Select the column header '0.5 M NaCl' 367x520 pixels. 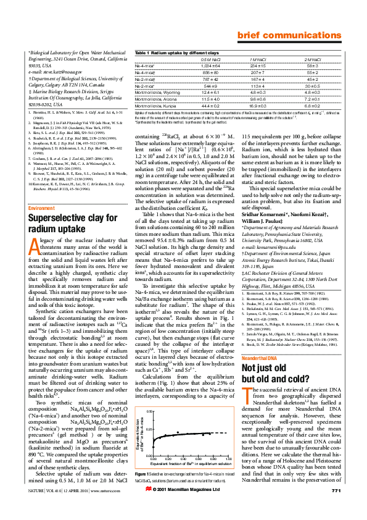coord(212,58)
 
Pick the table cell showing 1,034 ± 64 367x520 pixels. coord(212,65)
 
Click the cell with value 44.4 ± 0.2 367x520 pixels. coord(212,105)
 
